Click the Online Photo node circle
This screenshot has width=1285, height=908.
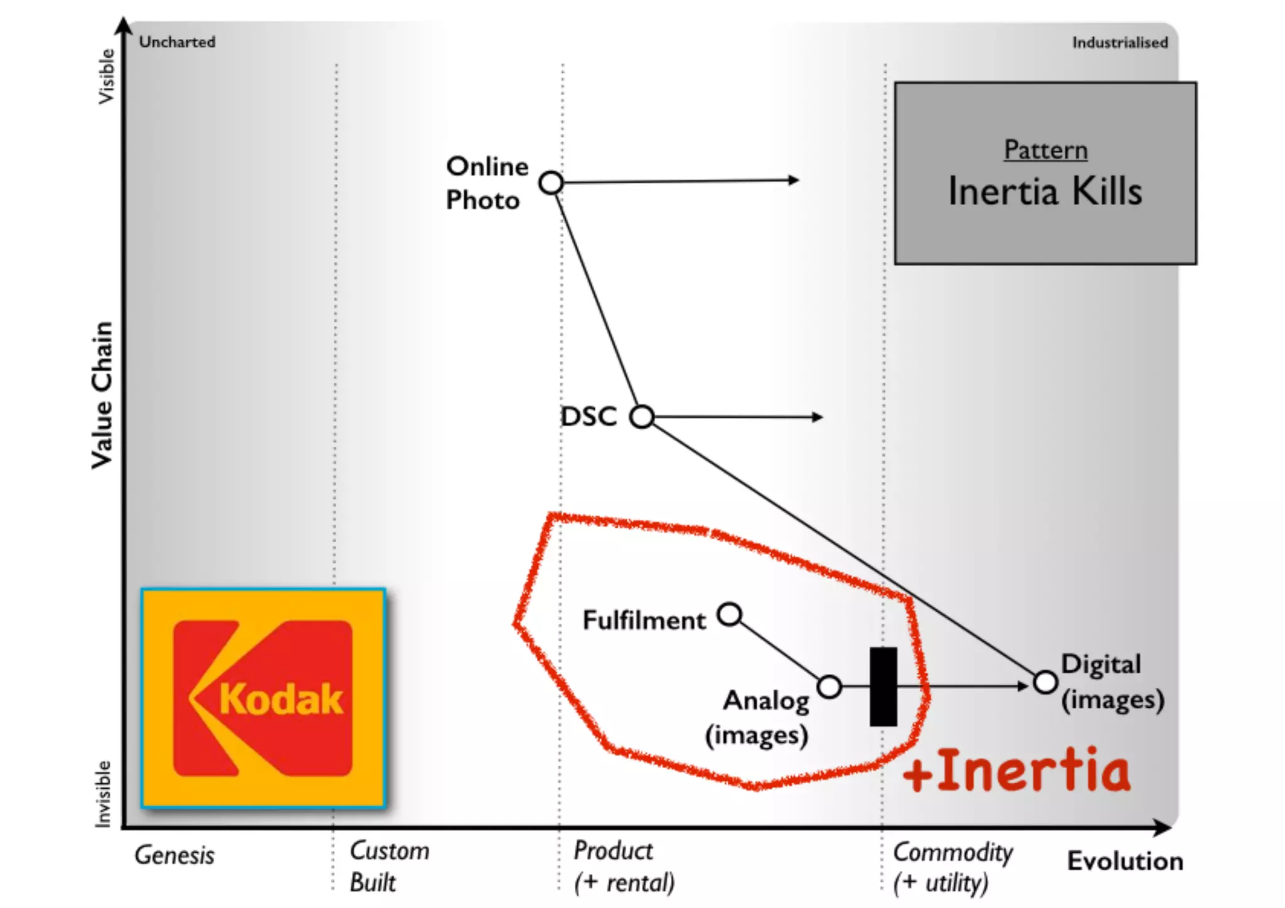pos(551,183)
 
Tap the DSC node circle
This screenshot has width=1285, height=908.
pos(641,417)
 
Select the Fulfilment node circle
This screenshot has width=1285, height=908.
pos(730,614)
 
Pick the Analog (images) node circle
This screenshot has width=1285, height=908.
pos(829,687)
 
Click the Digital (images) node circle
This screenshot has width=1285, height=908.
pos(1045,682)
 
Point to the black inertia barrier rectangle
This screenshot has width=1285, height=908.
pos(883,686)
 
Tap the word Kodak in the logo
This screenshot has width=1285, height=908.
pos(280,699)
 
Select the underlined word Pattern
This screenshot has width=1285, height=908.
pos(1045,150)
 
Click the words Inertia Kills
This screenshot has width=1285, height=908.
pos(1045,191)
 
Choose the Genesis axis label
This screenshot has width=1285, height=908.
pos(174,855)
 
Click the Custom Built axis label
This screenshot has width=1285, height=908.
pos(389,867)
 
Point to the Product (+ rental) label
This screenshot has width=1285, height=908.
pos(624,867)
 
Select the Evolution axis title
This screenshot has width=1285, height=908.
pos(1125,861)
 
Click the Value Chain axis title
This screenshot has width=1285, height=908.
pos(102,395)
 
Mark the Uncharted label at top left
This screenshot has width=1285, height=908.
pos(177,42)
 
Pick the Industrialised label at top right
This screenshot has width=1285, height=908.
pos(1119,43)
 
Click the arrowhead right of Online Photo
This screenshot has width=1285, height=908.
pos(794,180)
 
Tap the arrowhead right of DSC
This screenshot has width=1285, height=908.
pos(818,417)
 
